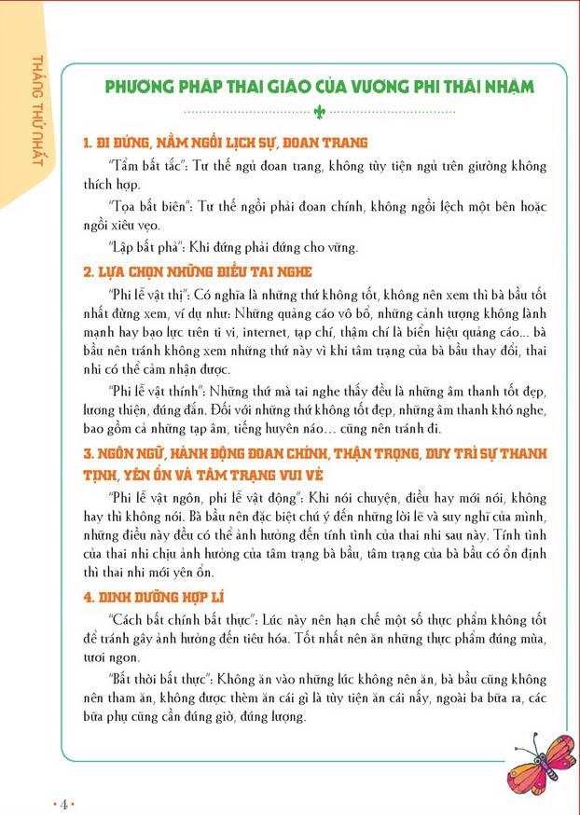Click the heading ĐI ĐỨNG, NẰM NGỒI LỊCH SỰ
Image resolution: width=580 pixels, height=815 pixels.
pyautogui.click(x=225, y=144)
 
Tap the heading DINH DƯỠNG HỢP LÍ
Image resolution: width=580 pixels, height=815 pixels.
pyautogui.click(x=154, y=596)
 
